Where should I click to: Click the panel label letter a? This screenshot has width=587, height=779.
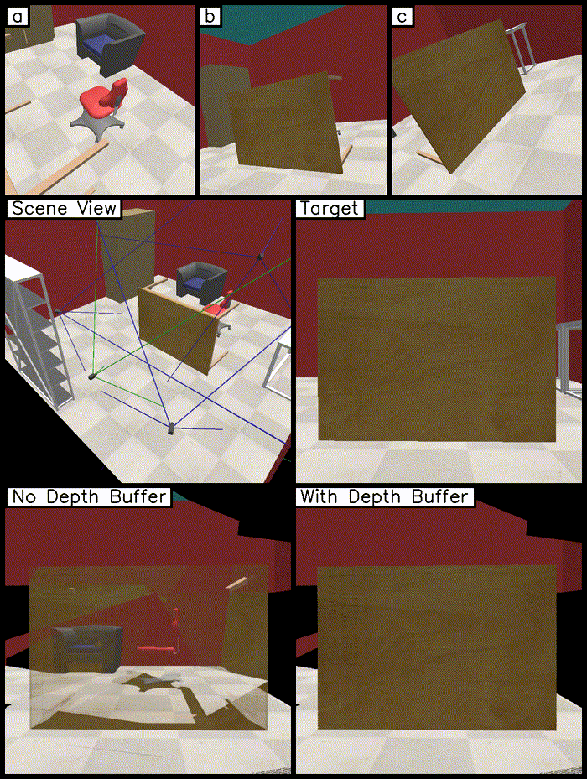point(18,17)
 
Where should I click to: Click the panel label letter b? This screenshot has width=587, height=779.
point(210,17)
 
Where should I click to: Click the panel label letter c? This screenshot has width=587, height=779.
point(403,17)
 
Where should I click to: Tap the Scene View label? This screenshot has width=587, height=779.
point(64,208)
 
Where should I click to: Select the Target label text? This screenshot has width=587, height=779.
point(329,208)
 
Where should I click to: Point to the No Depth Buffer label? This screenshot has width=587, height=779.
point(89,496)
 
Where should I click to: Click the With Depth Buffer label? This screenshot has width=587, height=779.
point(384,496)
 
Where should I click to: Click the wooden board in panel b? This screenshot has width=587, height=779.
point(285,122)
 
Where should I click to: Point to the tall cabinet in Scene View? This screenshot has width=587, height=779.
point(128,254)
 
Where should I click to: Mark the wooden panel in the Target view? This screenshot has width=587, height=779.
point(436,359)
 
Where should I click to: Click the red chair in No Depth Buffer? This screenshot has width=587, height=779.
point(160,630)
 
